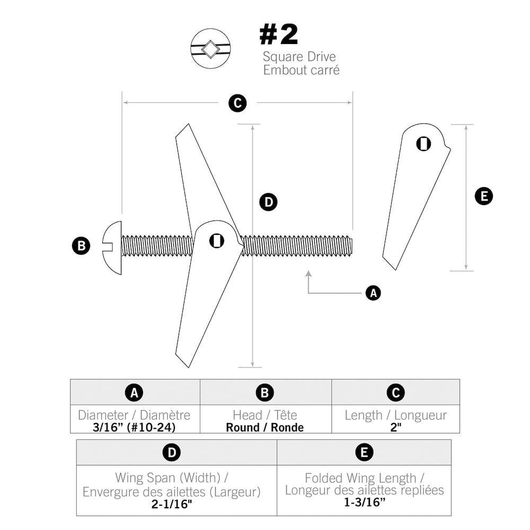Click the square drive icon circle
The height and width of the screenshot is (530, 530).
(x=210, y=48)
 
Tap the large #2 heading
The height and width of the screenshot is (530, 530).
(x=279, y=35)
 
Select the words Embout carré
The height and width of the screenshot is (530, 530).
(x=301, y=69)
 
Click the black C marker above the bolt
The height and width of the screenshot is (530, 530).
(x=237, y=103)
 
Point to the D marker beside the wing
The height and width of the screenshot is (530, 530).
(x=268, y=202)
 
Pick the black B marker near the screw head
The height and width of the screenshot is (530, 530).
(x=81, y=246)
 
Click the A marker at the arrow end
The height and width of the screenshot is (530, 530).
(x=373, y=293)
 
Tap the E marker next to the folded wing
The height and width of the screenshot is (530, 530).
(x=483, y=197)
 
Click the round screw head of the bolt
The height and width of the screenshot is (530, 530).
(x=112, y=248)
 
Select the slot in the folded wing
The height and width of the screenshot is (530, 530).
(x=423, y=144)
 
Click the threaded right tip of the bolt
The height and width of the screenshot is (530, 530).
(x=349, y=246)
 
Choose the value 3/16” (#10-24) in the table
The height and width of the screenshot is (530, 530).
(x=134, y=427)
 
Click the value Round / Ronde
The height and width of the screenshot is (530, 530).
(x=265, y=427)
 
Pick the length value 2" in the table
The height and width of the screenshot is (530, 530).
(x=395, y=427)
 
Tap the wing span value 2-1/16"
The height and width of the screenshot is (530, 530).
(x=172, y=504)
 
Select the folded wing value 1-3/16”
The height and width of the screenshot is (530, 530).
(x=364, y=502)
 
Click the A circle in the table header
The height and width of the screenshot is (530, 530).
(x=135, y=393)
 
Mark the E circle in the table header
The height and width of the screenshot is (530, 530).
(x=364, y=453)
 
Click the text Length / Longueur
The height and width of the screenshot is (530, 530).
(x=395, y=415)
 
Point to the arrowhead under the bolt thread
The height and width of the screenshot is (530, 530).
(x=308, y=274)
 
